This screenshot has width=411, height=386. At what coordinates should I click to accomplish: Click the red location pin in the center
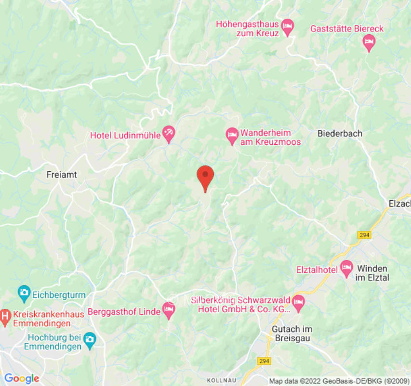[205, 177]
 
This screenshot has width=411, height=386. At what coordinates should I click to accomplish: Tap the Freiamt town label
[61, 174]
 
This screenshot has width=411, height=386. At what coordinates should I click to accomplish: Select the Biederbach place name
[340, 134]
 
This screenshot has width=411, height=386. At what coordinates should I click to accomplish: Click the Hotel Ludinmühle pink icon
[169, 134]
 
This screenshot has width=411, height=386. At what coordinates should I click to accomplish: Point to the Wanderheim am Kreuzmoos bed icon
[232, 135]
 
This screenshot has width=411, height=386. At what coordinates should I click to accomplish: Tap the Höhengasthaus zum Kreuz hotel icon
[288, 26]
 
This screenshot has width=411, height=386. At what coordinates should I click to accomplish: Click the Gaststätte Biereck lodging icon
[369, 42]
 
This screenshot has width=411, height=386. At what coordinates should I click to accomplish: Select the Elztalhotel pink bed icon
[346, 268]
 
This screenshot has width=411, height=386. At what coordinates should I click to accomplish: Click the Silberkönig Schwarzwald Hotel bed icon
[299, 303]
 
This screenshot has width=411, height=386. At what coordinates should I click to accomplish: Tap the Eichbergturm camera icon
[24, 292]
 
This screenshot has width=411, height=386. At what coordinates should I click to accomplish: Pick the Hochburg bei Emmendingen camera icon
[89, 340]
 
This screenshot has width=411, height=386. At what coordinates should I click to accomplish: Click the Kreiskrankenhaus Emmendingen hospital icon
[5, 317]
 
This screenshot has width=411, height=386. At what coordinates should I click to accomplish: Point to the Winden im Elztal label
[372, 273]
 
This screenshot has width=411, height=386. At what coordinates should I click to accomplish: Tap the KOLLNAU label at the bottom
[222, 380]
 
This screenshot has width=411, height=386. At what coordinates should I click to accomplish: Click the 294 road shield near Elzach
[364, 234]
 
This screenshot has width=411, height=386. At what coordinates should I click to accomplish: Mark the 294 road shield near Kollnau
[264, 361]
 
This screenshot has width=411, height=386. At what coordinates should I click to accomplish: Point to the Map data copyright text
[338, 381]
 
